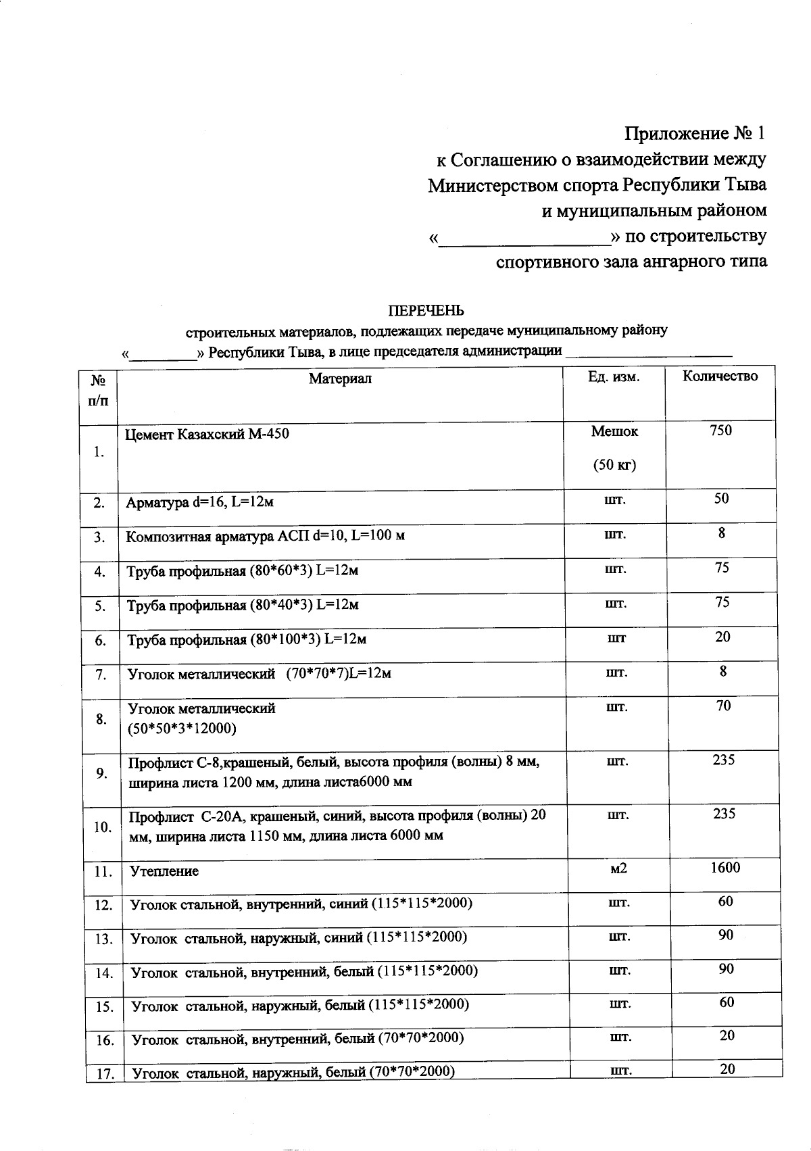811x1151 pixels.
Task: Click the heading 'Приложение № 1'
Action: [695, 133]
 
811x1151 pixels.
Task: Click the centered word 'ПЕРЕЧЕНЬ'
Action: [425, 311]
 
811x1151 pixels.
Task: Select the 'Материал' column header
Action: [340, 378]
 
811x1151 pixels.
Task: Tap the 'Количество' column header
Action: [720, 376]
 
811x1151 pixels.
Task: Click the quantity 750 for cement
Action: [720, 431]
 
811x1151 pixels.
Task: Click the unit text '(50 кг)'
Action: [614, 465]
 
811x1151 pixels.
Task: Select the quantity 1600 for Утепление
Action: [725, 867]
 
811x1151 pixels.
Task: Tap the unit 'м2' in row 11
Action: [618, 868]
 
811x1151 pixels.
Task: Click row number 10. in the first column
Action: [103, 827]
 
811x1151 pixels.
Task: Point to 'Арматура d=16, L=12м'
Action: [199, 502]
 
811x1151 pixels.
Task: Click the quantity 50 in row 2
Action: [721, 499]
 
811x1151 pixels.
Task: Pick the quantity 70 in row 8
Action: [723, 706]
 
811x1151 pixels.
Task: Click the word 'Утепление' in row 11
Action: [164, 871]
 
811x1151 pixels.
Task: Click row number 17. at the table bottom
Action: [105, 1073]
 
